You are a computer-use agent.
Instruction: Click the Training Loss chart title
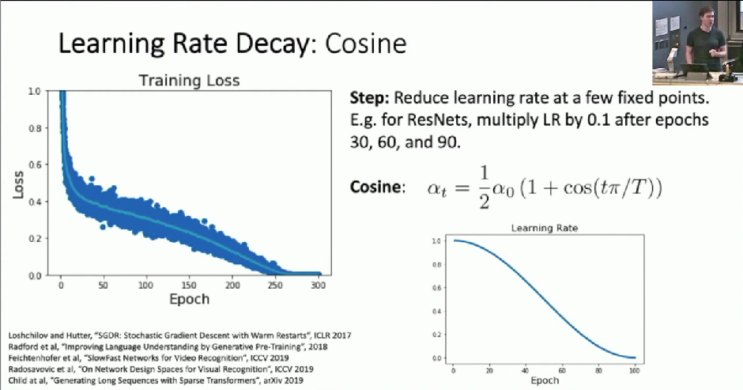[189, 81]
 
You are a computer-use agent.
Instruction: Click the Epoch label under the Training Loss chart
[190, 299]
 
